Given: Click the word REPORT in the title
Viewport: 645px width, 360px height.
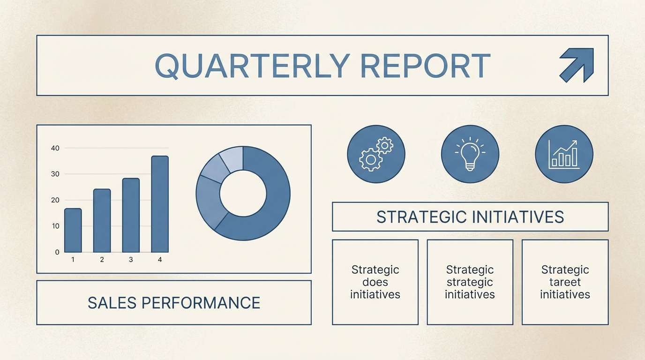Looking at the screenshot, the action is point(425,66).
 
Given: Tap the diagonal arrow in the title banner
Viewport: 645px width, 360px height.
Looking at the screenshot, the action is point(577,65).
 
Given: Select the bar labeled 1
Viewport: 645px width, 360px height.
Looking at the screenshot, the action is point(73,231).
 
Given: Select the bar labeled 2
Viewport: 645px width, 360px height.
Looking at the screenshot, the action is point(102,221).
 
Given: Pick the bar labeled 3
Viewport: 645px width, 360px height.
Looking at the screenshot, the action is point(131,216).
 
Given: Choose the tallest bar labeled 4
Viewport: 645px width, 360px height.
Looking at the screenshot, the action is point(160,204).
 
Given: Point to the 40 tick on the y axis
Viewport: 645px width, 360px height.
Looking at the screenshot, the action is point(55,148).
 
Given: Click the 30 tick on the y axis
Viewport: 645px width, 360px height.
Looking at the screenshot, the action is point(55,174).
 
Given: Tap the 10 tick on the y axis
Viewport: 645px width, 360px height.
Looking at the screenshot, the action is point(56,226).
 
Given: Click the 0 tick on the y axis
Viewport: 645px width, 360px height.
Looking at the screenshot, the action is point(57,252).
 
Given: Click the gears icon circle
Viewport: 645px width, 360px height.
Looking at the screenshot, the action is point(376,154).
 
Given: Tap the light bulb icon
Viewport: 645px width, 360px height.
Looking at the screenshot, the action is point(470,153).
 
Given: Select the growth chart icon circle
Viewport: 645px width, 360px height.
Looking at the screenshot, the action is point(564,154).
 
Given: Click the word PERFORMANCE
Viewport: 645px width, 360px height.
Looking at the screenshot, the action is point(201,303).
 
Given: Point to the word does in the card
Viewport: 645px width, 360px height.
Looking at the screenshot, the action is point(375,282).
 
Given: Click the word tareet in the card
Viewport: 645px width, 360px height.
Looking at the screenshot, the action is point(565,282).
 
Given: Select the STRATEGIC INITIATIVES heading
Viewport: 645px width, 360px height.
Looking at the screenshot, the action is point(470,217).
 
